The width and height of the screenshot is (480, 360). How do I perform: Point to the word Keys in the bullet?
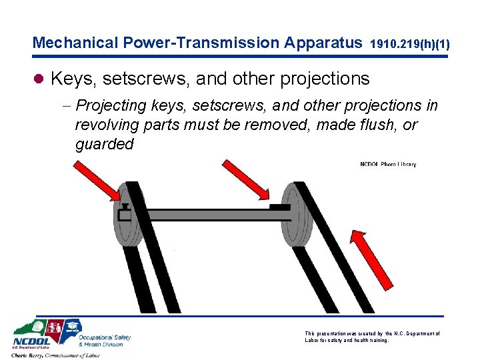coord(72,79)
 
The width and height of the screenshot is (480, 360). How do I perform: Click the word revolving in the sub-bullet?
coord(109,125)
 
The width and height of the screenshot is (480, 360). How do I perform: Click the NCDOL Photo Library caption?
coord(388,165)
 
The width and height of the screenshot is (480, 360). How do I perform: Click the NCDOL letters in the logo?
coord(31,345)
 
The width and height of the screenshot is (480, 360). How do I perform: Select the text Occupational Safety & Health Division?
coord(104,341)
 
